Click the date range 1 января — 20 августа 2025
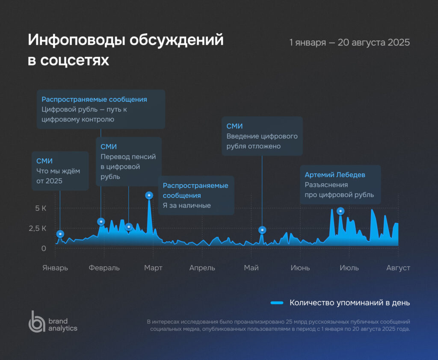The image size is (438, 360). click(x=349, y=42)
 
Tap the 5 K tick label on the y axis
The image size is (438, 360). click(x=41, y=209)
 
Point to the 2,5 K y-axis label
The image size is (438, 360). click(x=38, y=228)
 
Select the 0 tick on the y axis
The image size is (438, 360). click(x=44, y=248)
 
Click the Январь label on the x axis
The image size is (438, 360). click(x=55, y=268)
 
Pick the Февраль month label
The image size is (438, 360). click(x=104, y=268)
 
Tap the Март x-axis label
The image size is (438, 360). click(x=153, y=268)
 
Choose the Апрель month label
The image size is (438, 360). click(x=202, y=268)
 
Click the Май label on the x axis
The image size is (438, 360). click(x=252, y=268)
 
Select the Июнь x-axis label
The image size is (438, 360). click(x=300, y=268)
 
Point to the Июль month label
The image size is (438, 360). click(x=349, y=268)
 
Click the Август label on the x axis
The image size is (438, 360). click(x=398, y=268)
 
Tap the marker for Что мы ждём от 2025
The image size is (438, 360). click(x=60, y=234)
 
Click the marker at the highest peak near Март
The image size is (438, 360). click(x=149, y=195)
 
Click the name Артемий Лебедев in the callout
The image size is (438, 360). click(x=335, y=175)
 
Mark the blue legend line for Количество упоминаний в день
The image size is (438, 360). click(x=277, y=303)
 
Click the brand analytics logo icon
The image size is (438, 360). click(x=36, y=322)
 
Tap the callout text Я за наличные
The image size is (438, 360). click(x=186, y=206)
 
